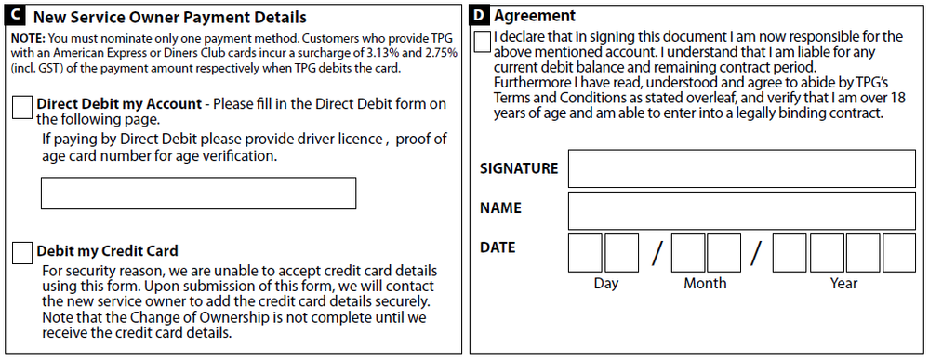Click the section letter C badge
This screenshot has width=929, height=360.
tap(16, 17)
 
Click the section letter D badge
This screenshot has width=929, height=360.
tap(479, 16)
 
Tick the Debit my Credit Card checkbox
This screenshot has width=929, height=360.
tap(23, 251)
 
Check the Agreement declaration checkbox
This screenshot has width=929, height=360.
tap(483, 42)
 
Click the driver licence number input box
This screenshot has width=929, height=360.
tap(198, 193)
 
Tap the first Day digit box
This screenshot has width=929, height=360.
tap(585, 252)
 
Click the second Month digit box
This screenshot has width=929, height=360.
tap(723, 252)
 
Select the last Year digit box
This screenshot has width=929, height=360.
tap(899, 252)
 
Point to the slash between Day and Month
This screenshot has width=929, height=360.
tap(656, 252)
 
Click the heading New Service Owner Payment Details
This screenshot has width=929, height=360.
tap(170, 18)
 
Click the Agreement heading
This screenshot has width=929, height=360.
tap(535, 16)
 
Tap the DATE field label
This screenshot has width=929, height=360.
tap(498, 248)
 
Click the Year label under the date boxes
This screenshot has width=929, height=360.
tap(844, 283)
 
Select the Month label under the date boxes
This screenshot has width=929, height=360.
tap(705, 283)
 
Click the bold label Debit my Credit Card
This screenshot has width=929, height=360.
tap(107, 251)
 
